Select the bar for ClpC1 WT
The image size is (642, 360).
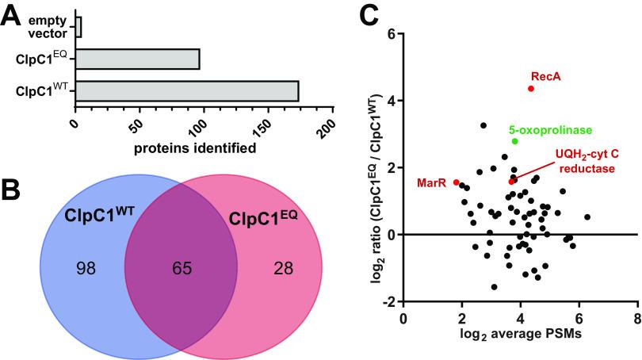[186, 90]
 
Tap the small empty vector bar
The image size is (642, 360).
[78, 26]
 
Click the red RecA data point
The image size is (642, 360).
[531, 89]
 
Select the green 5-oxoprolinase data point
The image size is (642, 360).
[514, 141]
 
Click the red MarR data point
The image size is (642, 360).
[456, 182]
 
